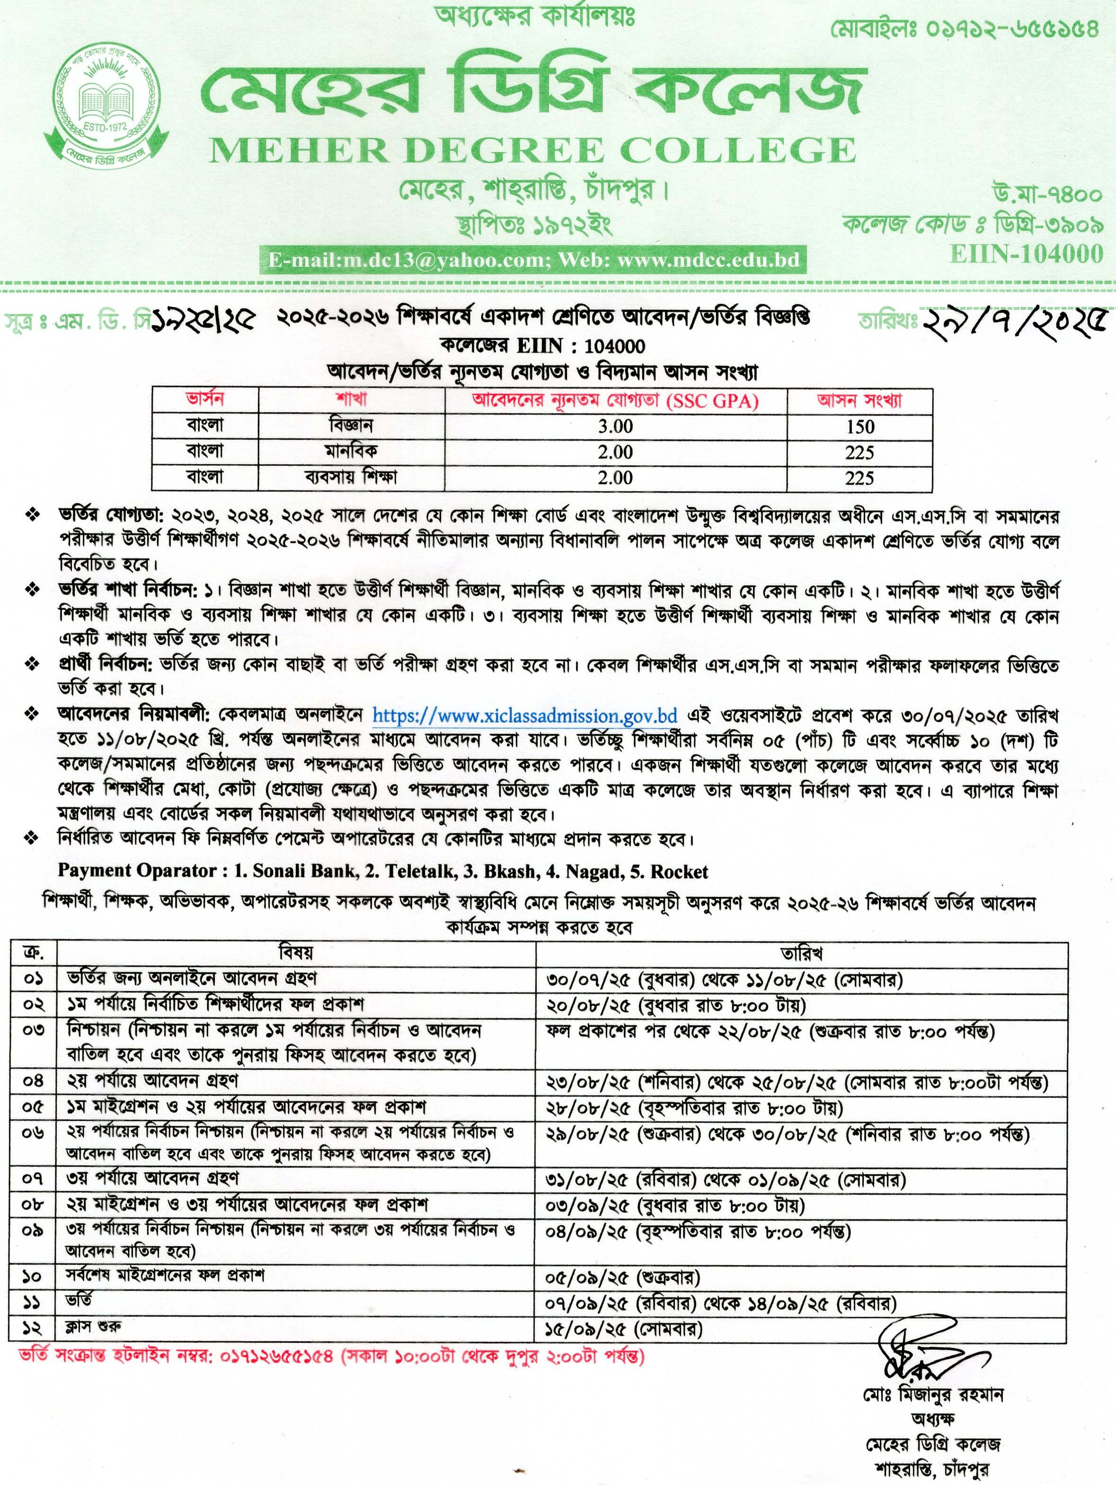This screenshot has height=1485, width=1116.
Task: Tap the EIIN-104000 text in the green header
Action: point(1027,254)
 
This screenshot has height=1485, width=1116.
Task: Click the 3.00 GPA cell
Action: point(615,427)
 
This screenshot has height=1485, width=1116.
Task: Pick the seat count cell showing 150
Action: point(859,427)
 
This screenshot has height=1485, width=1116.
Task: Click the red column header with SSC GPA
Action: point(615,401)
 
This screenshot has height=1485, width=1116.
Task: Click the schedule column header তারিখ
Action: point(801,953)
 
